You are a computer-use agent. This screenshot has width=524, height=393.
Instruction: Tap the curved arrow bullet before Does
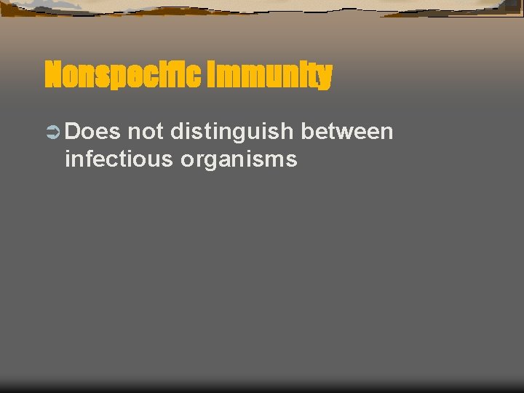tap(52, 132)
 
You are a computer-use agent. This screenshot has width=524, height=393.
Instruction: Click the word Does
tap(92, 132)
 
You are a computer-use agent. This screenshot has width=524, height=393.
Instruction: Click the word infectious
tap(119, 159)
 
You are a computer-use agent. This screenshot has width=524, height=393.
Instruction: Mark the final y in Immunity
tap(325, 77)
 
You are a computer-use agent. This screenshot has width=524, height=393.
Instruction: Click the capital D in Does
tap(73, 132)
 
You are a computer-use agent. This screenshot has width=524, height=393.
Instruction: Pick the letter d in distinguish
tap(177, 132)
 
